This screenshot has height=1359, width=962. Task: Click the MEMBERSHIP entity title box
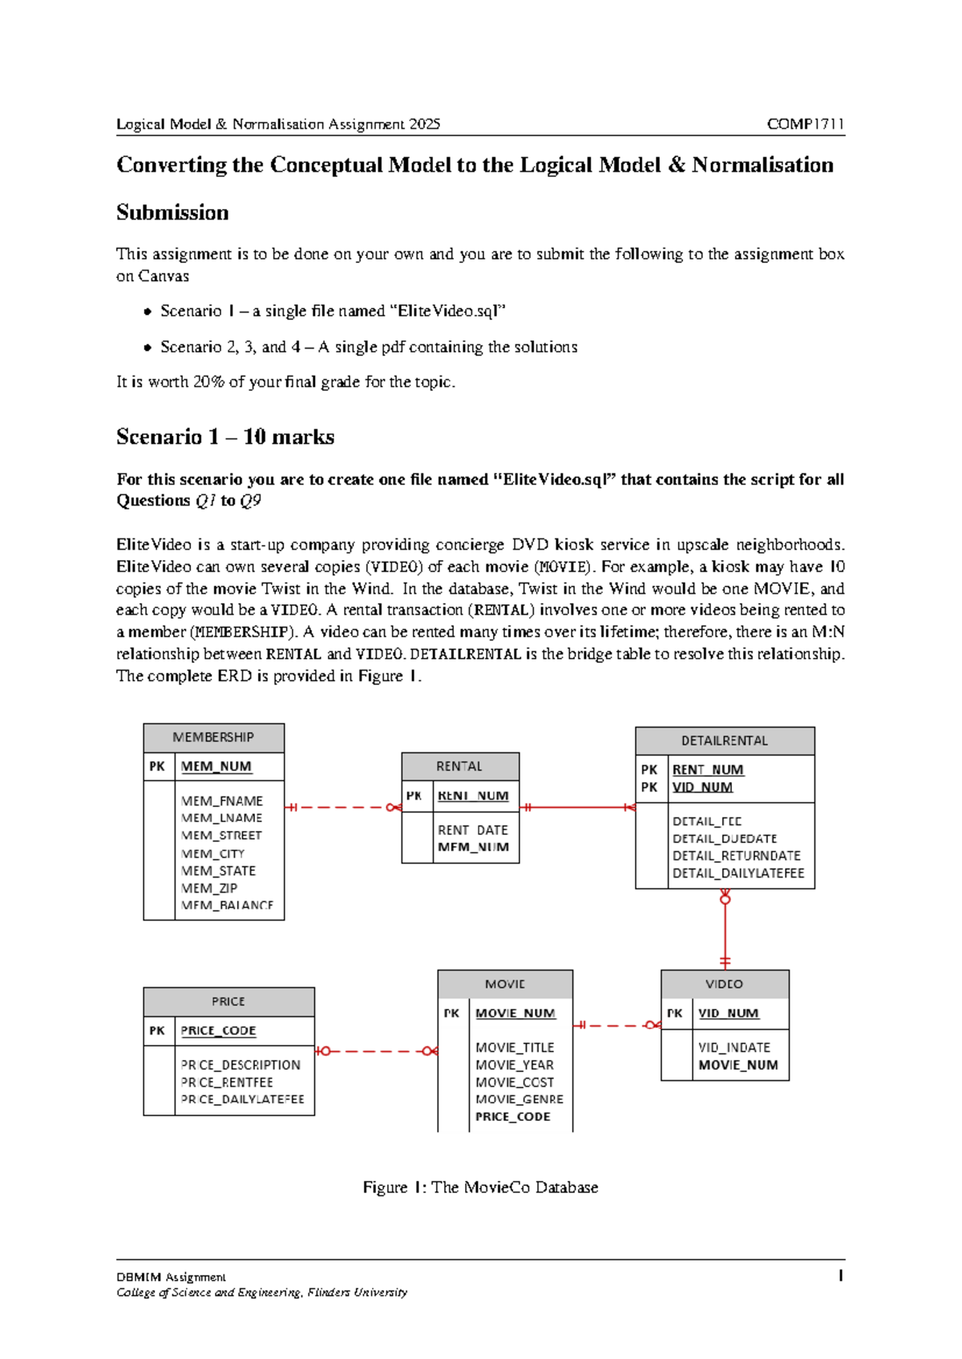click(213, 737)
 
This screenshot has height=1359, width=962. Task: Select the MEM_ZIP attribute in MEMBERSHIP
click(209, 888)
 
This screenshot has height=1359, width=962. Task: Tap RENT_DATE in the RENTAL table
click(472, 830)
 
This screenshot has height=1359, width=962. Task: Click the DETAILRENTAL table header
click(725, 740)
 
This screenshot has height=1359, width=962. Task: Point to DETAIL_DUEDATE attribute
click(725, 838)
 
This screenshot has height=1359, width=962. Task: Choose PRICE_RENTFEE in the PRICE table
click(227, 1082)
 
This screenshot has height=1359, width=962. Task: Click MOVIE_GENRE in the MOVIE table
click(519, 1099)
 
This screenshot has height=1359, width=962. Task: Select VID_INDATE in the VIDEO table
click(734, 1047)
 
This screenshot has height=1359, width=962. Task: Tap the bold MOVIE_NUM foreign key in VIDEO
click(738, 1065)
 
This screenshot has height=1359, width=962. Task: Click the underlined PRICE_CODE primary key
click(218, 1030)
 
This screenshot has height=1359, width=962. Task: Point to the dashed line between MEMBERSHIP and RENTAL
click(341, 807)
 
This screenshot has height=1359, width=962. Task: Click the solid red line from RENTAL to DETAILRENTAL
click(577, 807)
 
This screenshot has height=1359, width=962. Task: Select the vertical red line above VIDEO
click(725, 930)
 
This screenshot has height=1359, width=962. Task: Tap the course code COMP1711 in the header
click(805, 124)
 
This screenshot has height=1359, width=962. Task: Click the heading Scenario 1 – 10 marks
click(225, 437)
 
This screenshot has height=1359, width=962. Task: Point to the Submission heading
click(172, 212)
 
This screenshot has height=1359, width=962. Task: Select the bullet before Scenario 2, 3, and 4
click(147, 348)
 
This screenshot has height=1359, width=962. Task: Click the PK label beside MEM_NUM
click(157, 766)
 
